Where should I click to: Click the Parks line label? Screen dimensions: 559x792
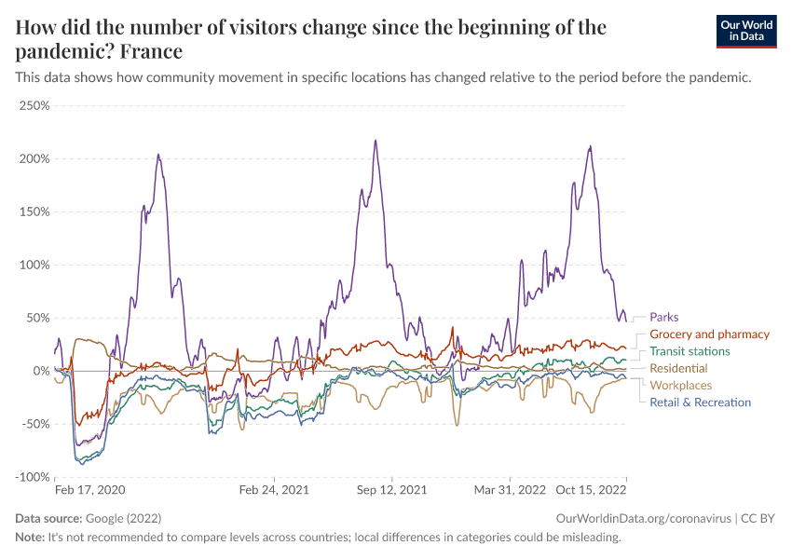tap(664, 317)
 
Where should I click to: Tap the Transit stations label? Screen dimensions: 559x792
tap(690, 351)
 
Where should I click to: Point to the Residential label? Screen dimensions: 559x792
tap(678, 368)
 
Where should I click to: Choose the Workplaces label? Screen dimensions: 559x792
tap(680, 385)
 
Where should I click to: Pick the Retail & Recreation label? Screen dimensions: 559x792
tap(700, 402)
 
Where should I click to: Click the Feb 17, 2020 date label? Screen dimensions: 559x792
tap(89, 489)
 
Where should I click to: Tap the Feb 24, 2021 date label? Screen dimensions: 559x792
tap(274, 489)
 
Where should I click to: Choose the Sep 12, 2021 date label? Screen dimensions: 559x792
tap(391, 489)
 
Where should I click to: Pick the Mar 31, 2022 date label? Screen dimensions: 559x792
tap(510, 489)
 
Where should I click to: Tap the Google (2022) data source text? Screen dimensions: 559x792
tap(116, 518)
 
